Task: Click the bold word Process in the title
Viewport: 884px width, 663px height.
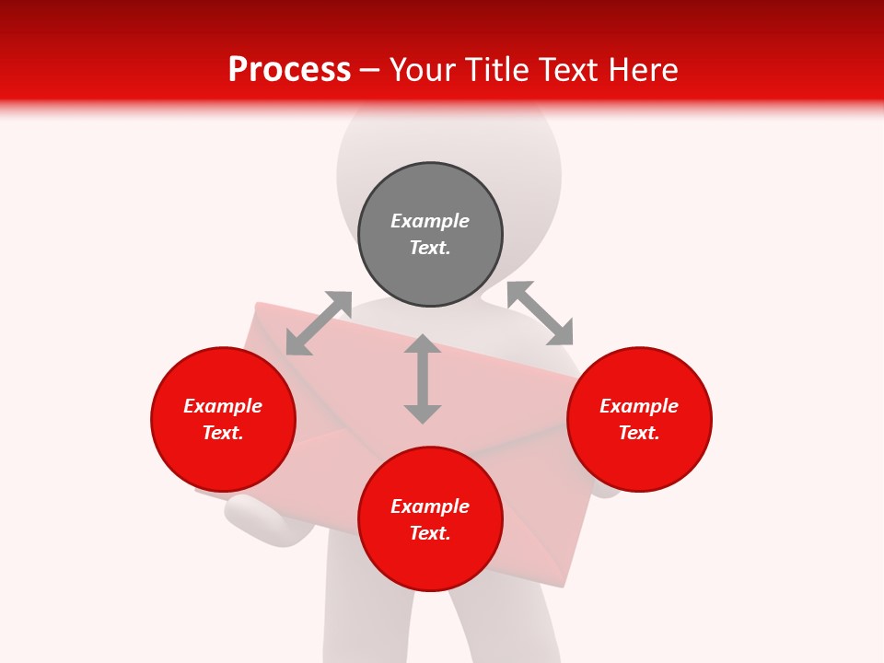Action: pos(289,70)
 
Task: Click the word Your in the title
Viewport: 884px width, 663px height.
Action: pos(424,70)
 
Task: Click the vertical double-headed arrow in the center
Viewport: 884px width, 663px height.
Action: pos(423,378)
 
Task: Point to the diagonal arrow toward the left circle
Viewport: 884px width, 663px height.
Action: pos(319,323)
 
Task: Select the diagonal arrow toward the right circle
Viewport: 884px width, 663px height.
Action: pos(541,313)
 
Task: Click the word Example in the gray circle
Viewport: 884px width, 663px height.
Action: pos(430,221)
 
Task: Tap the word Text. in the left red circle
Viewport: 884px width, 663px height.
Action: pos(223,433)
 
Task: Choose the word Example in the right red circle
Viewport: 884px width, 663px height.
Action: pos(639,406)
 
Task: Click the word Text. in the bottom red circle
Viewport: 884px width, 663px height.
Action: pos(430,533)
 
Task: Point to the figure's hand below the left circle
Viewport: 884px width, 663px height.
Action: pos(258,520)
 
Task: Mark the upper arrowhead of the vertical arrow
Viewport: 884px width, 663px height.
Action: pos(423,344)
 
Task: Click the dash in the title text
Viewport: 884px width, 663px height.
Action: pos(370,70)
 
